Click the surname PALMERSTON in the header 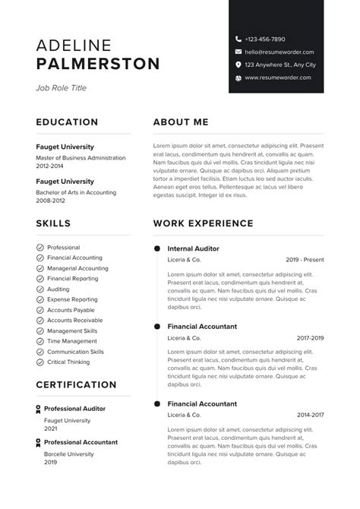98,63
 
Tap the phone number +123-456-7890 265,39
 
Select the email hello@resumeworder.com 279,52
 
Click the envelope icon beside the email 238,52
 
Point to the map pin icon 238,65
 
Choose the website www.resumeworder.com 278,77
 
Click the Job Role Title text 61,88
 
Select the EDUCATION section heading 67,122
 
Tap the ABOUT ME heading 180,122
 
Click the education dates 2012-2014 50,165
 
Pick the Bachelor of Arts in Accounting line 76,192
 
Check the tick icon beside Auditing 39,289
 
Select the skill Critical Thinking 68,362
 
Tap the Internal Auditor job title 193,248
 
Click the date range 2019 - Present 305,260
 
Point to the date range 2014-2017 310,416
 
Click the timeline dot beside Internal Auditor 157,248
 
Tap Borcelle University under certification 68,454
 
